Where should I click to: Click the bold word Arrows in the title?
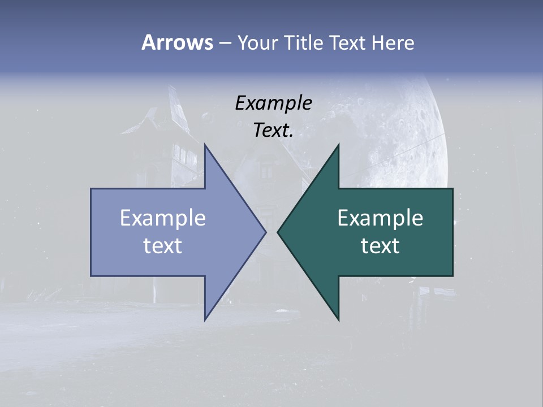(177, 42)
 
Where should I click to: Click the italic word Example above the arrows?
(273, 103)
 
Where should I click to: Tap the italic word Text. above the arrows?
(273, 131)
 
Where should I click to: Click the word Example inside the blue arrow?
(163, 218)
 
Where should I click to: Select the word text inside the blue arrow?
(163, 246)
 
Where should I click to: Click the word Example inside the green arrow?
(380, 218)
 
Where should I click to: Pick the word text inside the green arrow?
(380, 246)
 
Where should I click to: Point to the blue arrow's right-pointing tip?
(265, 232)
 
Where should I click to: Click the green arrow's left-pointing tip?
(279, 232)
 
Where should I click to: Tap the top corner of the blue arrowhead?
(205, 146)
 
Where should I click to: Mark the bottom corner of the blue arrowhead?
(205, 319)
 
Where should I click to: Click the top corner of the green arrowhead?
(338, 146)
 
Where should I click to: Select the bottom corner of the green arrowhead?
(338, 319)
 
